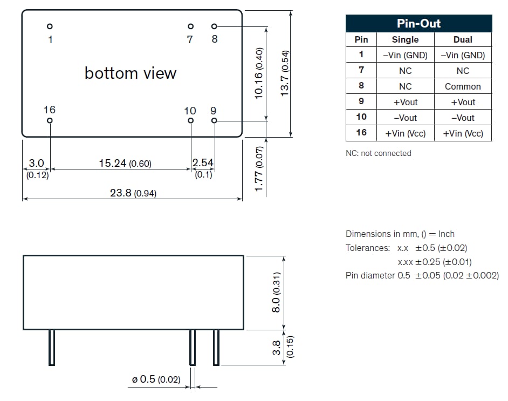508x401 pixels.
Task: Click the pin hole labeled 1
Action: pyautogui.click(x=50, y=26)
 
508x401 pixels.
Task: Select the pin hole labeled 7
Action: pyautogui.click(x=190, y=26)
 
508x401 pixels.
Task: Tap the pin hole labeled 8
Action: pyautogui.click(x=214, y=26)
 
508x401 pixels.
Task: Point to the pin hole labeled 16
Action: pyautogui.click(x=50, y=120)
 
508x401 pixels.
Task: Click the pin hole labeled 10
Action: pyautogui.click(x=190, y=120)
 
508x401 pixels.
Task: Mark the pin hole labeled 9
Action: pyautogui.click(x=214, y=120)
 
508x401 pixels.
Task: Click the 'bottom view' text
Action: pyautogui.click(x=131, y=73)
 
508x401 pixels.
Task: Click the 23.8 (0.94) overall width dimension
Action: pyautogui.click(x=133, y=193)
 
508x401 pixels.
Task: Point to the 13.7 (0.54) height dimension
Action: pyautogui.click(x=285, y=73)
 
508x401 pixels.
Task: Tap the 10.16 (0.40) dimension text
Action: pyautogui.click(x=259, y=73)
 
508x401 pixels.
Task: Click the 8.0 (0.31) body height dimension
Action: pyautogui.click(x=276, y=292)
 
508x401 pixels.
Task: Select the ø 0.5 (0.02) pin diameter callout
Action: pyautogui.click(x=156, y=380)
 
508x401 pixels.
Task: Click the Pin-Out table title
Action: pyautogui.click(x=418, y=23)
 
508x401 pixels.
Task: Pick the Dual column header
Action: pyautogui.click(x=463, y=39)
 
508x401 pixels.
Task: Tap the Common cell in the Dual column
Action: pyautogui.click(x=463, y=86)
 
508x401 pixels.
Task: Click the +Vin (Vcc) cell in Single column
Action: pyautogui.click(x=405, y=133)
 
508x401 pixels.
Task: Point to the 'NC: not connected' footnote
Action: pyautogui.click(x=378, y=153)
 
